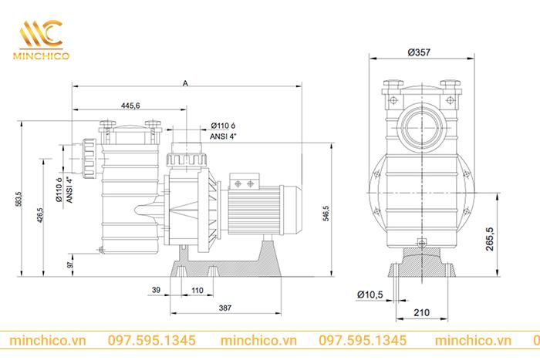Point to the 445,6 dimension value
(x=130, y=106)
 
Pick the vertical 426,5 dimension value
(x=40, y=216)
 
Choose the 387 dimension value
(x=224, y=307)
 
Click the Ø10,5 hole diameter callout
(x=371, y=294)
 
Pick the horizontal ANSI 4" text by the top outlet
(x=224, y=135)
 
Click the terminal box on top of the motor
(x=249, y=183)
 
